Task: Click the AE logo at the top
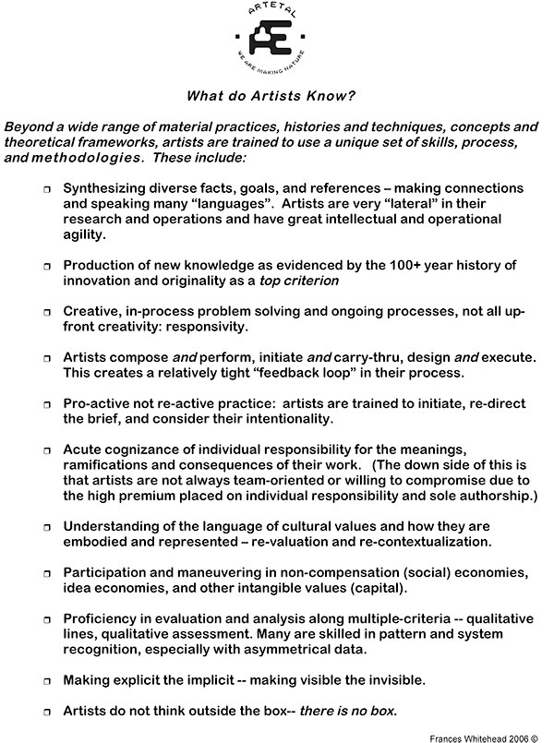274,43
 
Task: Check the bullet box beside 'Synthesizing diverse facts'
47,188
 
